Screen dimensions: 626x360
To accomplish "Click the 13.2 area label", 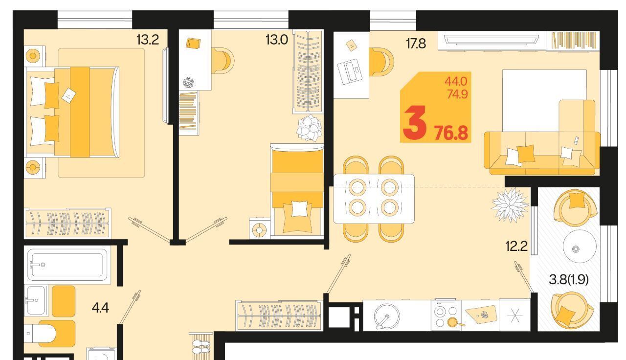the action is [x=148, y=40].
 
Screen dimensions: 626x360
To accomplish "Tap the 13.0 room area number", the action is [x=277, y=40].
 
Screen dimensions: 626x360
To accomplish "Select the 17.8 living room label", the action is [x=416, y=44].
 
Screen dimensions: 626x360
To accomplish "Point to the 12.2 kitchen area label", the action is [x=516, y=246].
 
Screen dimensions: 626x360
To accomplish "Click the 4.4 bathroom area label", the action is [x=100, y=308].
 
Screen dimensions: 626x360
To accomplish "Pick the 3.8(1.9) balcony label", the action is [x=569, y=279].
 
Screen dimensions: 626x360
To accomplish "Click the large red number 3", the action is [x=415, y=123].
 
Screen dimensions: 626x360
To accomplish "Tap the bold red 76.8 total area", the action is [x=451, y=133].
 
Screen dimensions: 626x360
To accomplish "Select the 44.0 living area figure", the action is [x=456, y=82].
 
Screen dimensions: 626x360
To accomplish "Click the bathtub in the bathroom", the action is [x=67, y=265].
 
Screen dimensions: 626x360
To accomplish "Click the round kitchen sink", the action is [x=387, y=316].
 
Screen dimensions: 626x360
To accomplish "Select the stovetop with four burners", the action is [x=446, y=315].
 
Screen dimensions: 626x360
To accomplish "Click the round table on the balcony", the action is [x=580, y=246].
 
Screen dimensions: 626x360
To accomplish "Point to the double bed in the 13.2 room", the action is [x=73, y=112].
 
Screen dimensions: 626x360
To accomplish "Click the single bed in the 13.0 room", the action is [x=297, y=191].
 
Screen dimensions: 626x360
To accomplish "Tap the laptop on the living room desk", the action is [x=350, y=71].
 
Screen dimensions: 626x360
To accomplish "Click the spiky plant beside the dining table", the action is [x=510, y=205].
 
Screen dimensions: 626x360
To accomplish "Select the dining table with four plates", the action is [x=374, y=199].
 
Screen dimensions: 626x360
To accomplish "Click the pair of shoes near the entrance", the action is [x=201, y=347].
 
